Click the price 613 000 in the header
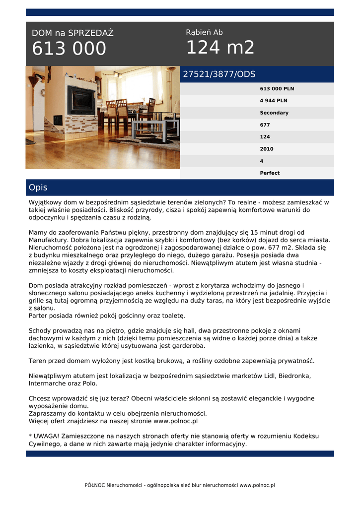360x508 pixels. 69,49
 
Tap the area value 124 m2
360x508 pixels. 220,48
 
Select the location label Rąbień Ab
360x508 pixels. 204,32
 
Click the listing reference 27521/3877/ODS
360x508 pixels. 219,74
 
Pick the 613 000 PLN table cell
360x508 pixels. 277,89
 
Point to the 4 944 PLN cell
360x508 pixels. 273,101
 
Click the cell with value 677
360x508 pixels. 265,125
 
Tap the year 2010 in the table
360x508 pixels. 267,149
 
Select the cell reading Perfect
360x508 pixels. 270,173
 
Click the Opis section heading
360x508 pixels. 38,188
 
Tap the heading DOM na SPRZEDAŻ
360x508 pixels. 72,33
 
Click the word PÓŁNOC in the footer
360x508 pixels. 95,485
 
